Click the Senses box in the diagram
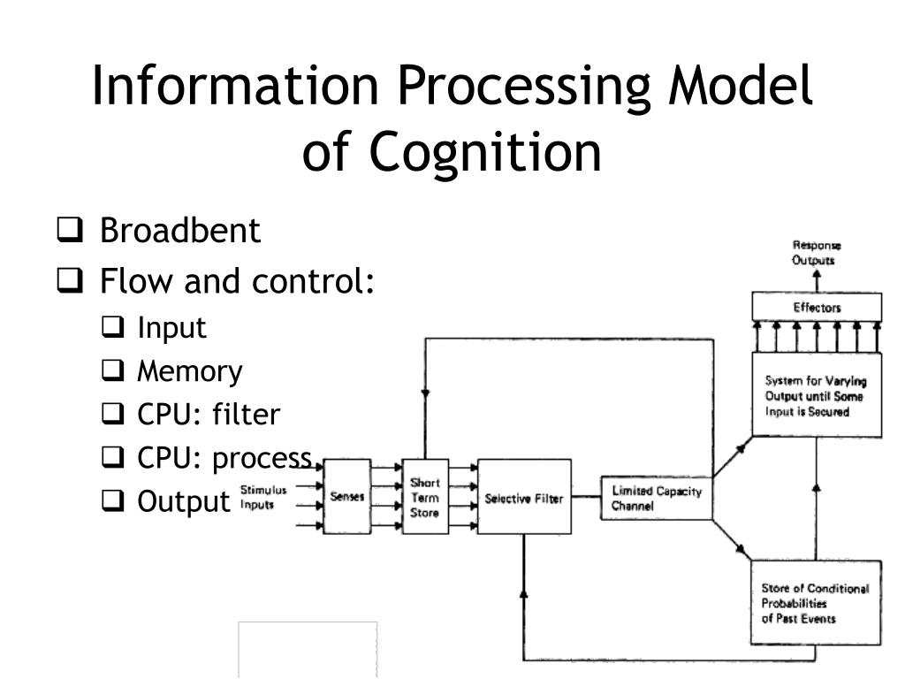[x=346, y=496]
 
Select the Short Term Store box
[x=425, y=497]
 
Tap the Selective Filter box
[x=525, y=497]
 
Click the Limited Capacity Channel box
[x=657, y=499]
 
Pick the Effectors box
[x=818, y=307]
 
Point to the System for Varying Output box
[x=818, y=395]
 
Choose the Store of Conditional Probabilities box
[x=816, y=603]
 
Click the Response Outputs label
[x=816, y=253]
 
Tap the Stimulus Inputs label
[x=263, y=497]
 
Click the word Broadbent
[x=180, y=231]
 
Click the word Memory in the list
[x=190, y=371]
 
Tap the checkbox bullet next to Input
[x=112, y=327]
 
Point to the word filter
[x=246, y=414]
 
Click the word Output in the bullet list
[x=184, y=501]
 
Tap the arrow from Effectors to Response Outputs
[x=817, y=281]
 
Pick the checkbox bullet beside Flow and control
[x=70, y=280]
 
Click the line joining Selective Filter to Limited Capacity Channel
[x=587, y=497]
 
